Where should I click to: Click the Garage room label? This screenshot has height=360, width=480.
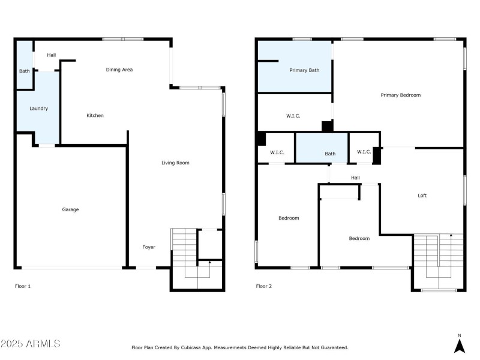[x=70, y=209]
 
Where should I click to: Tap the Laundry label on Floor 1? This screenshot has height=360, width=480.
[x=38, y=109]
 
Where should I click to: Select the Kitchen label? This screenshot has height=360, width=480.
[x=95, y=115]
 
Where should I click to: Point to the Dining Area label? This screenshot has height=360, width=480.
[x=119, y=70]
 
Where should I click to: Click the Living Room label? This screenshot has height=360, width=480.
[x=175, y=163]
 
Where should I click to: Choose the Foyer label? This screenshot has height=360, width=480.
[x=148, y=247]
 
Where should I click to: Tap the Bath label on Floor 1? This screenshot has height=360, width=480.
[x=24, y=71]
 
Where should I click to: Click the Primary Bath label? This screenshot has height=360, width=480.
[x=304, y=70]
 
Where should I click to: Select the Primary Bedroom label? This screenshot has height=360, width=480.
[x=400, y=95]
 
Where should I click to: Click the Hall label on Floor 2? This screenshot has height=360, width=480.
[x=355, y=178]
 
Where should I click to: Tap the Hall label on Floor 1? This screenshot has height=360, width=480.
[x=52, y=55]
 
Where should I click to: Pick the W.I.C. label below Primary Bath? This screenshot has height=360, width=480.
[x=293, y=116]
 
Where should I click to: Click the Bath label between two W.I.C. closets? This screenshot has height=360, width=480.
[x=330, y=154]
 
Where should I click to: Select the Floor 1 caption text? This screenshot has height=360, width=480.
[x=23, y=286]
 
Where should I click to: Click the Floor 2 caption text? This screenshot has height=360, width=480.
[x=264, y=286]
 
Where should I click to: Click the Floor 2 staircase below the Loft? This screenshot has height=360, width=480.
[x=438, y=261]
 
